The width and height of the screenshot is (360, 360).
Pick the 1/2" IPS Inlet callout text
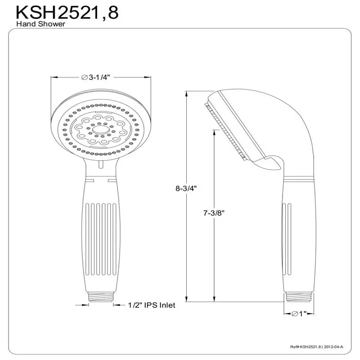(x=145, y=306)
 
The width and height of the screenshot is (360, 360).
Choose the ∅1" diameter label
(x=299, y=314)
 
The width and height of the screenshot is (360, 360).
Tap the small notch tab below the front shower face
(x=100, y=165)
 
